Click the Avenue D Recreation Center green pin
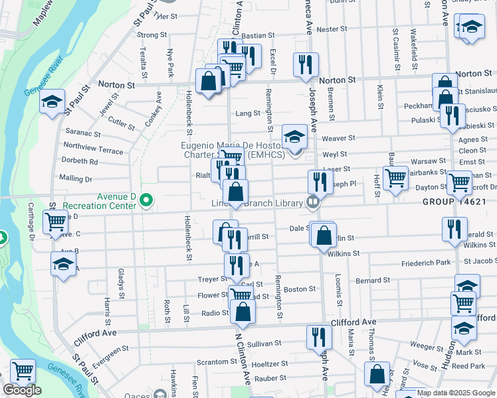tap(147, 200)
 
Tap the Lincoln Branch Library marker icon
tap(312, 202)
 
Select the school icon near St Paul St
tap(52, 102)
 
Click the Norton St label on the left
tap(116, 85)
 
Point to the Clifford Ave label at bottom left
tap(94, 332)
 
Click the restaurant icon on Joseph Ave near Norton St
tap(306, 64)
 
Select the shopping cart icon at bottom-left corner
tap(23, 370)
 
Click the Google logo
tap(22, 390)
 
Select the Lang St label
tap(248, 113)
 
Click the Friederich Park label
tap(426, 264)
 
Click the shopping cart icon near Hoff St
tap(395, 177)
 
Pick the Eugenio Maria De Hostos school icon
tap(293, 137)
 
